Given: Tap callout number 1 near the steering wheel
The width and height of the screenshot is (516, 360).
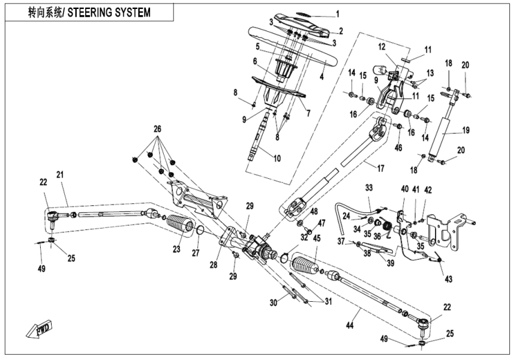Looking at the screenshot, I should coord(337,13).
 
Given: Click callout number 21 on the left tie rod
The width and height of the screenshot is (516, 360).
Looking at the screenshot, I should coord(59,174).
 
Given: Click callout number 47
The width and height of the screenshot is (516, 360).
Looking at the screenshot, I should coord(322,223).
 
